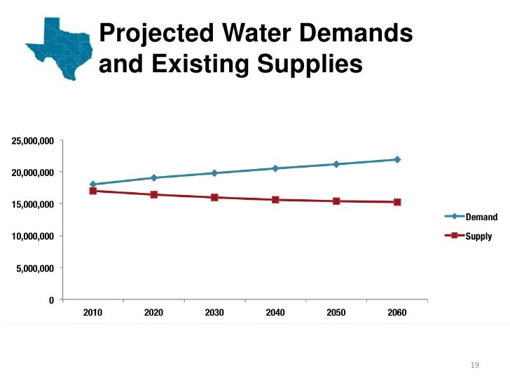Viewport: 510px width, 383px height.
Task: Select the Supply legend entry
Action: click(x=478, y=236)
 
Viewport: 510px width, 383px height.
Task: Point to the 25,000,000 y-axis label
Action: click(x=32, y=140)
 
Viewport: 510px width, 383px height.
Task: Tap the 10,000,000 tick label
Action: click(x=32, y=236)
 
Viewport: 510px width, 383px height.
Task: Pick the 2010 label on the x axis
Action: click(x=92, y=312)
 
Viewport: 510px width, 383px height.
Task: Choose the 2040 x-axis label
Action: click(x=275, y=312)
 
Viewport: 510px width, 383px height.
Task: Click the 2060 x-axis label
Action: click(x=397, y=312)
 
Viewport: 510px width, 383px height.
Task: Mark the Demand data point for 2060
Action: click(x=397, y=159)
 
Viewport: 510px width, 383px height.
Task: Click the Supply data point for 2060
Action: click(x=397, y=202)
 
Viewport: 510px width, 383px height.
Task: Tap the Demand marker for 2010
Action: click(x=92, y=184)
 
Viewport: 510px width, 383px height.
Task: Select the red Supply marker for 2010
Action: click(x=92, y=191)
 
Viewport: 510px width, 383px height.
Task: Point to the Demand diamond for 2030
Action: click(x=214, y=173)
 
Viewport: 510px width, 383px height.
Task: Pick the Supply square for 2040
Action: click(x=275, y=200)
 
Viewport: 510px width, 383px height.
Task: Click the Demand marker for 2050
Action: click(x=336, y=164)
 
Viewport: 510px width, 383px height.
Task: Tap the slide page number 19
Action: click(x=474, y=365)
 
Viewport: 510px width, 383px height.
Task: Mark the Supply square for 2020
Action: click(x=153, y=194)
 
